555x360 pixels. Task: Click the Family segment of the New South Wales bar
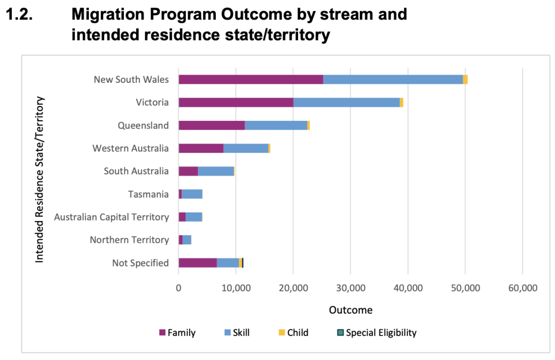pos(251,79)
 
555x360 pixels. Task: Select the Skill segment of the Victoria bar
pos(346,102)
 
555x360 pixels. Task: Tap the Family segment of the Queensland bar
pos(212,125)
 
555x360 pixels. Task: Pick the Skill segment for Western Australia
pos(246,148)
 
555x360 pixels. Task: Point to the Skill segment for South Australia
pos(216,171)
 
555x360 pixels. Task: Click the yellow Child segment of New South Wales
pos(465,79)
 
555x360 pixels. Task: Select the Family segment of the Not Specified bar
pos(197,263)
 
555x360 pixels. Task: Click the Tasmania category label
pos(149,194)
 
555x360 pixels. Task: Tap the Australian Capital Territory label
pos(112,217)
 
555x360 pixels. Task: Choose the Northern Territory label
pos(129,240)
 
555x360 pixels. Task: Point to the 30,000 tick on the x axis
pos(350,288)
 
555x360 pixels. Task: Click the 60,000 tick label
pos(522,288)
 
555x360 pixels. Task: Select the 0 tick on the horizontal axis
pos(178,288)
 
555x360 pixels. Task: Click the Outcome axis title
pos(350,310)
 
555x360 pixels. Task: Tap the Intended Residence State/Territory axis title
pos(40,179)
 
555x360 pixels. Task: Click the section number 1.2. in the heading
pos(19,14)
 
